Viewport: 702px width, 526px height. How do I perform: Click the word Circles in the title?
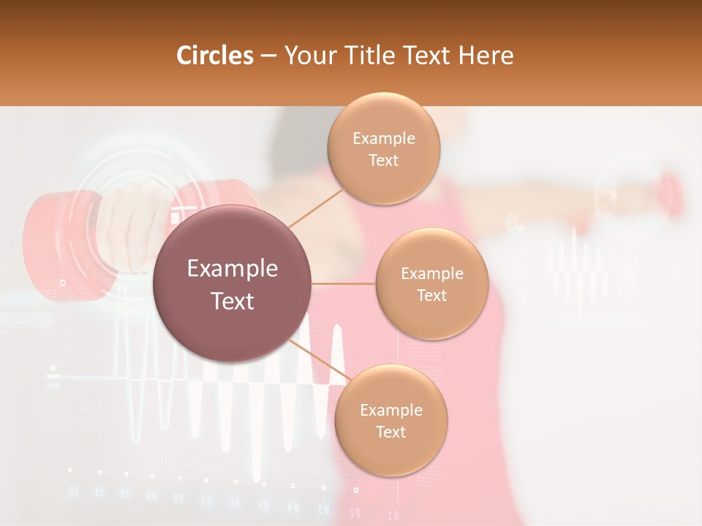tap(215, 56)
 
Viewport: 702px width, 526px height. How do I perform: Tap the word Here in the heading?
tap(486, 56)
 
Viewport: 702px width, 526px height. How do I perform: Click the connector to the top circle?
tap(316, 207)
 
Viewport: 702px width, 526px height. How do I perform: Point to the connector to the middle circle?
tap(343, 283)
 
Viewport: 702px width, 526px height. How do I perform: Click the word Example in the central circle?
tap(232, 269)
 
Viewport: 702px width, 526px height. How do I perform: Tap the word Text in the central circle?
tap(232, 301)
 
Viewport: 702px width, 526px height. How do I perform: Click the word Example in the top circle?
tap(384, 139)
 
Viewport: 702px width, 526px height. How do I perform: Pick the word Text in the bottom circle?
tap(390, 432)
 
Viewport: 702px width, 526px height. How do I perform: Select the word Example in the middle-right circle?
tap(431, 274)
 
